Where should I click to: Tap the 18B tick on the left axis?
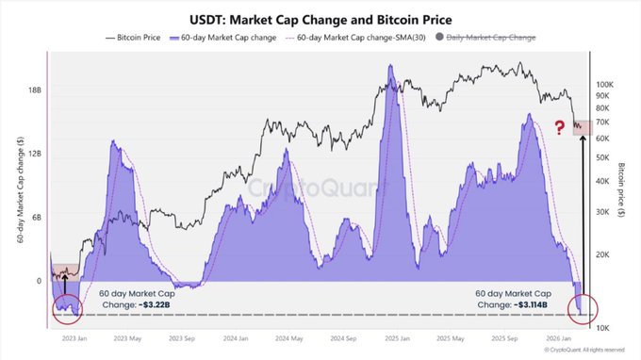tap(33, 91)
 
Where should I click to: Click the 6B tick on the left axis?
tap(35, 218)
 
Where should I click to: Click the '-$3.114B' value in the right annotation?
tap(518, 304)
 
